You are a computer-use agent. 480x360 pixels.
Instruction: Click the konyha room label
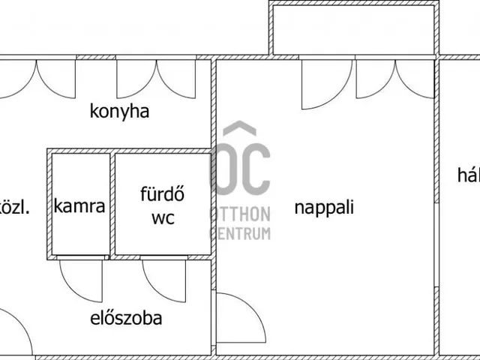pos(120,112)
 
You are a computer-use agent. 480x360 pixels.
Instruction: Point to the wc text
pos(163,218)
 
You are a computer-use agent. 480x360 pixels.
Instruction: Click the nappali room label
pos(324,207)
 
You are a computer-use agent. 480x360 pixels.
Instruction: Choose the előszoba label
pos(126,317)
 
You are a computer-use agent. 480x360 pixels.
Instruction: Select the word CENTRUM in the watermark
pos(239,234)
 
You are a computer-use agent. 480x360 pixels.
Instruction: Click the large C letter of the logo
pos(255,171)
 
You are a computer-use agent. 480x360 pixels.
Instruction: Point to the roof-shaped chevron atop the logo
pos(239,129)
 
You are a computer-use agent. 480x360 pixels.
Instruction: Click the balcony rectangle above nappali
pos(353,28)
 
